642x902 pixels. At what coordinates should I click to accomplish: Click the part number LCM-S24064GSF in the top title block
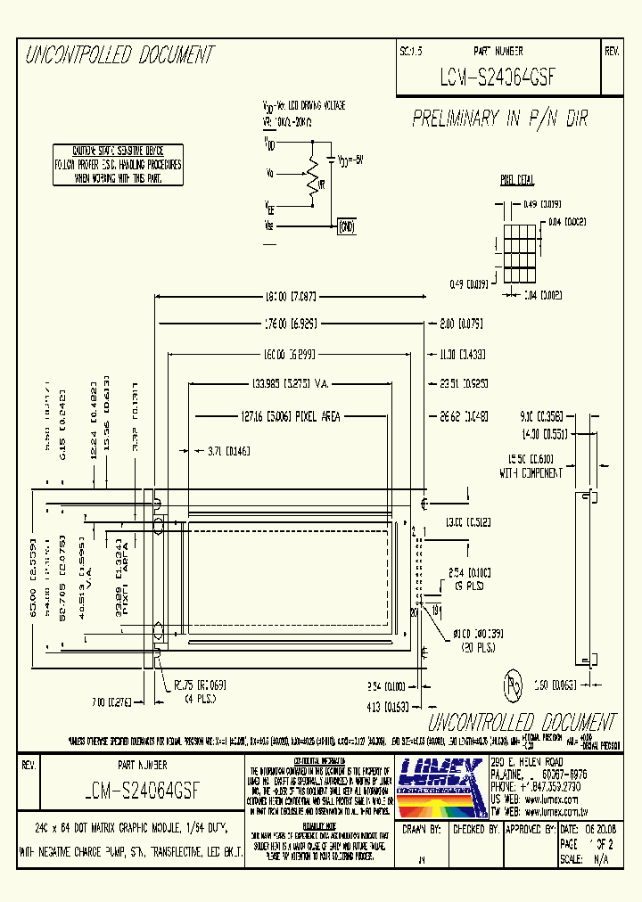[x=498, y=77]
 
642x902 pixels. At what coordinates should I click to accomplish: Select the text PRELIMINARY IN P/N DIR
[x=500, y=119]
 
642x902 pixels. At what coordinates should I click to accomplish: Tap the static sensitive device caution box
[x=118, y=165]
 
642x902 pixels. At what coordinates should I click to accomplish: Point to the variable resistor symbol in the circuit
[x=313, y=176]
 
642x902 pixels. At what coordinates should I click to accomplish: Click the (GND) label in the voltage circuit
[x=346, y=226]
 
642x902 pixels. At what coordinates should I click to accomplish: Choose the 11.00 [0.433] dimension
[x=461, y=355]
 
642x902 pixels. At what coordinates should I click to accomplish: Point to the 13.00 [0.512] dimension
[x=464, y=522]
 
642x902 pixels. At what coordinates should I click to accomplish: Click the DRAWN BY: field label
[x=423, y=829]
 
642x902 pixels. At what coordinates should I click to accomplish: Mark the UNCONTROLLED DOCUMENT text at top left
[x=120, y=55]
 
